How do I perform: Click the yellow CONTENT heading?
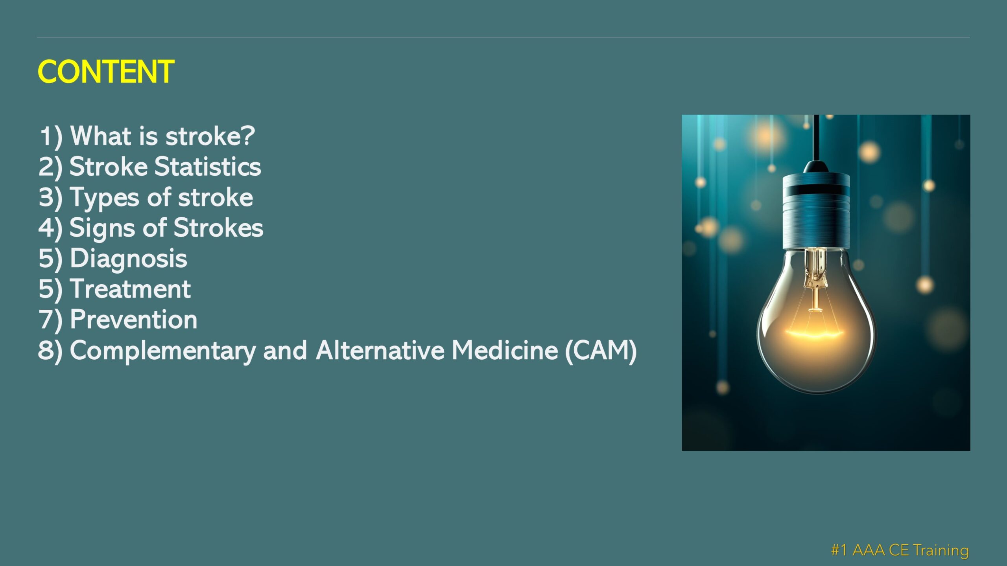[x=106, y=72]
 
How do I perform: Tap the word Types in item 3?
[x=104, y=198]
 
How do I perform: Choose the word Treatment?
[x=130, y=289]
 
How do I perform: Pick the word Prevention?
[x=134, y=320]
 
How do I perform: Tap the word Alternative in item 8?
[x=380, y=350]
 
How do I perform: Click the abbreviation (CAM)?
[x=601, y=351]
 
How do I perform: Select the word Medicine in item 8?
[x=505, y=350]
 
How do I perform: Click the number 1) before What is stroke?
[x=51, y=137]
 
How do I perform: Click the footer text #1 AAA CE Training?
[x=900, y=550]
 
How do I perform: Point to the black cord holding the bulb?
[x=816, y=138]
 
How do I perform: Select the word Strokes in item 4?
[x=218, y=228]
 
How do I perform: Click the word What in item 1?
[x=101, y=136]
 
